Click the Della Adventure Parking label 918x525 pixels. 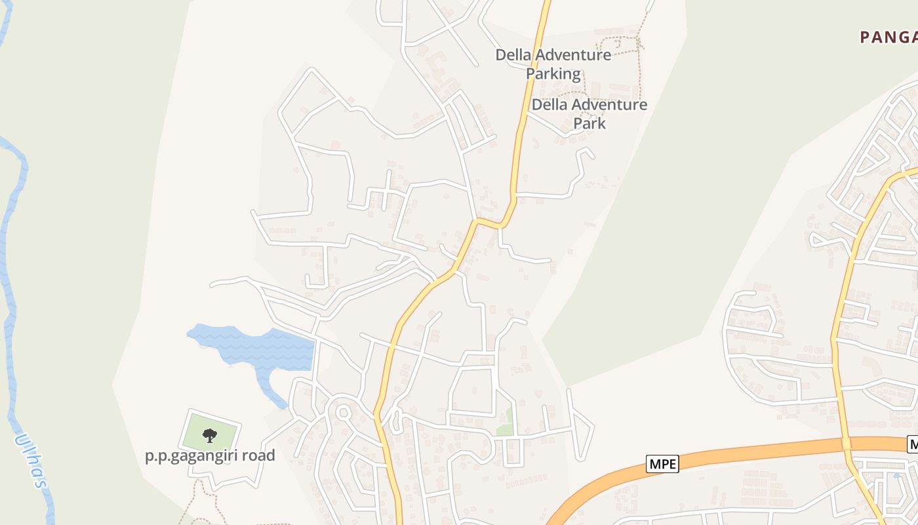pos(553,64)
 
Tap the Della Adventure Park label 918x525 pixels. pos(589,114)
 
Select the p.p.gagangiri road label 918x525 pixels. pos(210,455)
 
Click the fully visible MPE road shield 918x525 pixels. pos(662,463)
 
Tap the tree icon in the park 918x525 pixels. pos(210,434)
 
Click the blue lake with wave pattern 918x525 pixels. pos(262,348)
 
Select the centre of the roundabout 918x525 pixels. pos(342,412)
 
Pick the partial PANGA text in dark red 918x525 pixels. pos(888,37)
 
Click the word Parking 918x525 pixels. pos(553,73)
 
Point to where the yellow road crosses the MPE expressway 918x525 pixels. pos(846,444)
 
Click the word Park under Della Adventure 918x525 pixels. pos(589,123)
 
